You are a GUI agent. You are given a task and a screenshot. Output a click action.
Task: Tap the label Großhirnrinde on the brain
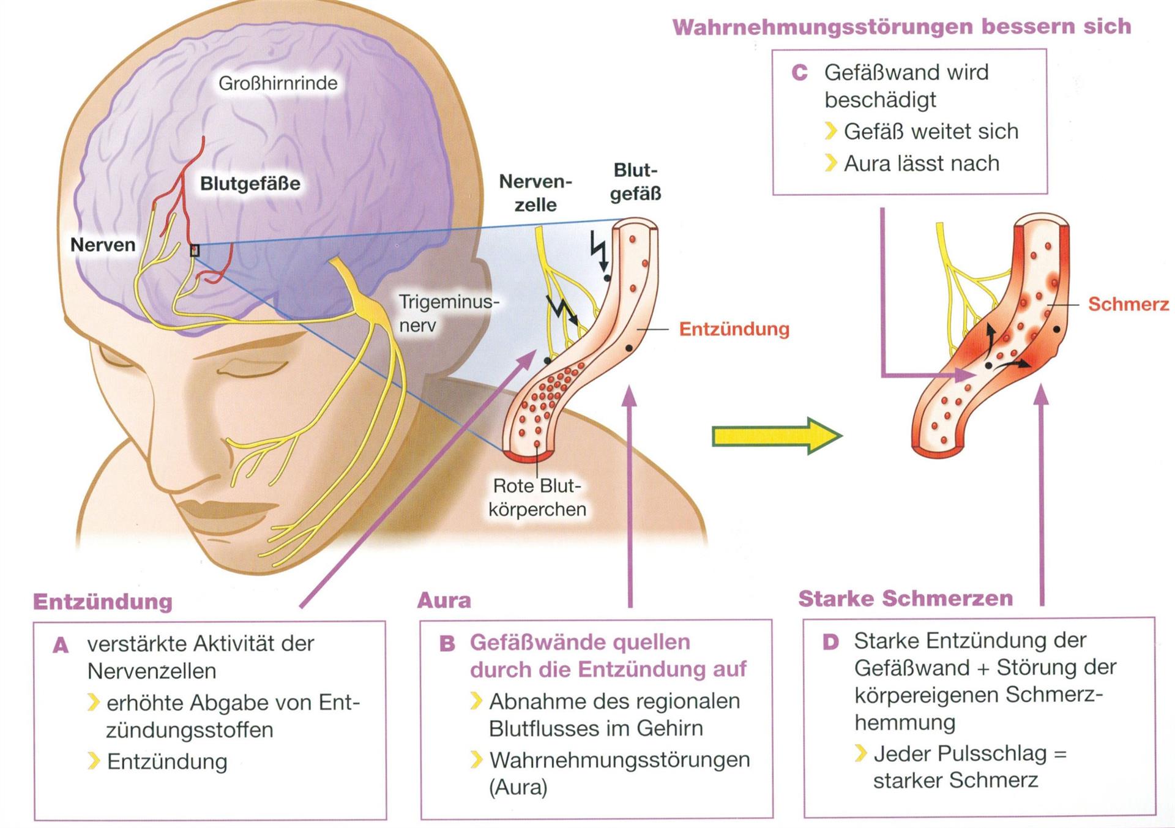pos(278,83)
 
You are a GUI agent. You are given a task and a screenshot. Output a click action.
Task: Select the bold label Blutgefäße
pos(250,184)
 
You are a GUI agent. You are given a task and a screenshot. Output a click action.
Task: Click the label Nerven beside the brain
pos(103,245)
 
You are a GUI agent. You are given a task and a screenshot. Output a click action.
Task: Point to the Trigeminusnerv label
pos(449,313)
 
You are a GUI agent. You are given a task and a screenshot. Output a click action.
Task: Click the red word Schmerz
pos(1128,304)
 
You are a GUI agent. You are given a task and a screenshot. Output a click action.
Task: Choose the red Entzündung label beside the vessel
pos(734,329)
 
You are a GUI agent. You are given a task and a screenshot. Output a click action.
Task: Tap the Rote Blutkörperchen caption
pos(537,498)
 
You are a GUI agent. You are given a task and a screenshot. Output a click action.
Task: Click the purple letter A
pos(61,645)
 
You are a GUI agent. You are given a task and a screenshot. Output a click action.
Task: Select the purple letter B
pos(447,644)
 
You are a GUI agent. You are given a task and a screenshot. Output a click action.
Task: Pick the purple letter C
pos(799,73)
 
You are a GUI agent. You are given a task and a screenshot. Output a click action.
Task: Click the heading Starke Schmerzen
pos(905,598)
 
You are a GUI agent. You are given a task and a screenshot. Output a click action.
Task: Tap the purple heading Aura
pos(444,600)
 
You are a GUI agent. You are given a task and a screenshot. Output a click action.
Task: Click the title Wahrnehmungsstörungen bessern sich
pos(901,27)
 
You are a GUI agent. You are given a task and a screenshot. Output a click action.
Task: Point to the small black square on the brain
pos(195,250)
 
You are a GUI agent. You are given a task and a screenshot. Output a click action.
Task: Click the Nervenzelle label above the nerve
pos(535,193)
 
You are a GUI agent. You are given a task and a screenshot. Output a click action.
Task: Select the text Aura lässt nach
pos(922,163)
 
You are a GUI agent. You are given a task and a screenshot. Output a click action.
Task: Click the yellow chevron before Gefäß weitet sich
pos(830,131)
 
